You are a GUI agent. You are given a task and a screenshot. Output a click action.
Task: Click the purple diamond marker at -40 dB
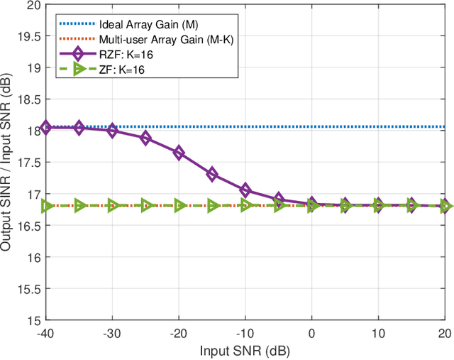45,127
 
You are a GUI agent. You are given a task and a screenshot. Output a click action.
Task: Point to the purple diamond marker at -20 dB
179,153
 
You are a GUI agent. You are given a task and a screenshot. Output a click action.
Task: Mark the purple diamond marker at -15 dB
212,174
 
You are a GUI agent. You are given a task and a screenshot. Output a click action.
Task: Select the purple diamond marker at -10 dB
245,190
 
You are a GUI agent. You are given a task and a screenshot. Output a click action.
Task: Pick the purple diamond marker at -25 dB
145,138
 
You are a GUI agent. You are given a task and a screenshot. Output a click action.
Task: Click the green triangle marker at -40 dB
45,205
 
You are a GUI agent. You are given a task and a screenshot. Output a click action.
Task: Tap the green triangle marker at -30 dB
112,205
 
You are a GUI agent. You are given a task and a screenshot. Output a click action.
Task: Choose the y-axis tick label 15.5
29,289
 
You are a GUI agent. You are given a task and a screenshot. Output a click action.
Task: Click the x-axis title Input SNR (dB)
245,351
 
